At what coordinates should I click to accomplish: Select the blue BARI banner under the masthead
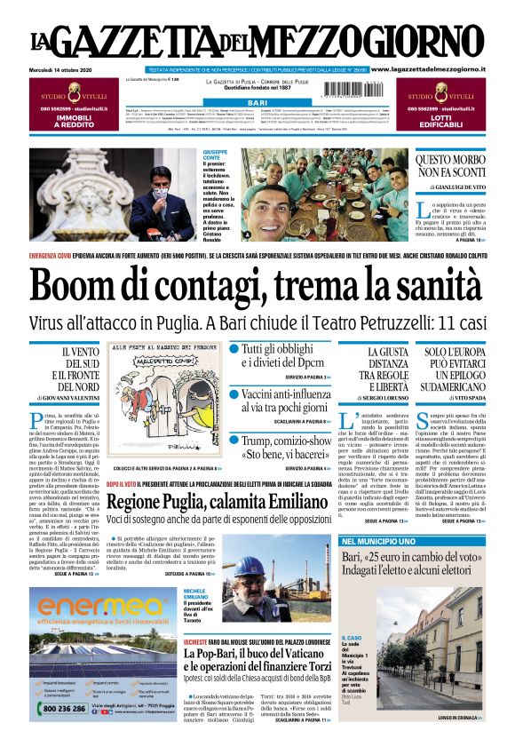point(257,104)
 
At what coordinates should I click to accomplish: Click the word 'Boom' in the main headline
point(79,286)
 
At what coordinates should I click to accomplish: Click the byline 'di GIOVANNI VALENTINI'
point(67,398)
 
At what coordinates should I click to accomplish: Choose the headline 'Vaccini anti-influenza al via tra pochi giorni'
point(284,401)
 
